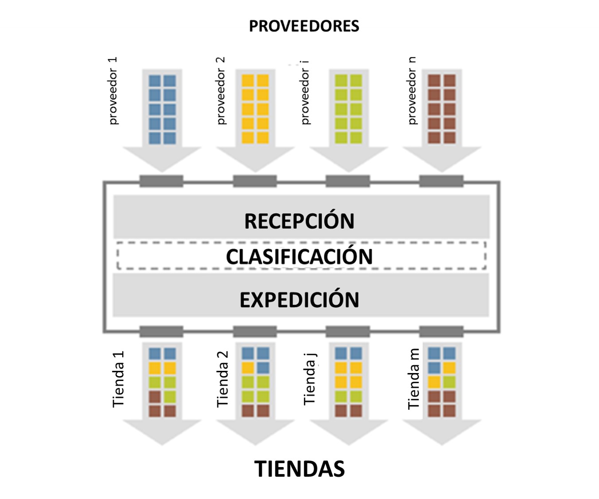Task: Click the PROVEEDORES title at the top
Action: tap(304, 26)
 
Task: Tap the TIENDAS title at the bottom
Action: tap(299, 469)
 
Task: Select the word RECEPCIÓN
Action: tap(299, 221)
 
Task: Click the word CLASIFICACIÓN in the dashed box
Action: tap(299, 256)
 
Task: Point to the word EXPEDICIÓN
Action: tap(299, 300)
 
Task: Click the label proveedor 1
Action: tap(113, 91)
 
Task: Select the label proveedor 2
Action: tap(221, 91)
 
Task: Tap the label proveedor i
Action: tap(305, 93)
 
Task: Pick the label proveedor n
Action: tap(412, 91)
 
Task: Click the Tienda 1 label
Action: tap(118, 379)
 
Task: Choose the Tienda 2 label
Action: tap(222, 379)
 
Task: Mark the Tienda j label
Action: tap(310, 379)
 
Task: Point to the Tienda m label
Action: tap(413, 379)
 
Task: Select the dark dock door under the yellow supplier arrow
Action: tap(255, 181)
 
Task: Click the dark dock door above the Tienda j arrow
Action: tap(348, 331)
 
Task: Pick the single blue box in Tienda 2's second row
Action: tap(263, 368)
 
